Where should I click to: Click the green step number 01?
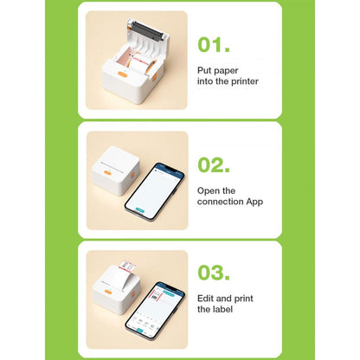tap(214, 45)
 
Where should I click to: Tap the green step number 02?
tap(214, 164)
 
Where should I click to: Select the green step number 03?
tap(214, 273)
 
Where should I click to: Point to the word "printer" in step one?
tap(245, 81)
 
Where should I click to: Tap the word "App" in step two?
tap(254, 202)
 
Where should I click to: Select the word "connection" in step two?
tap(221, 202)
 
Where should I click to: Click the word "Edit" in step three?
tap(205, 299)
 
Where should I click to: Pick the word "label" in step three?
tap(222, 309)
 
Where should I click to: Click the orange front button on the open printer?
tap(123, 74)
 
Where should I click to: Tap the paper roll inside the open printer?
tap(140, 64)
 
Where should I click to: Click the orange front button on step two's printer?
tap(107, 173)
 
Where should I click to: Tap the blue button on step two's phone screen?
tap(139, 210)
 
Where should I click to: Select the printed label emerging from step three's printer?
tap(127, 266)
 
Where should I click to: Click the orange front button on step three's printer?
tap(108, 292)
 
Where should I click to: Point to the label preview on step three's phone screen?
tap(156, 294)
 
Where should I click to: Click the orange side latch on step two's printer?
tap(132, 175)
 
